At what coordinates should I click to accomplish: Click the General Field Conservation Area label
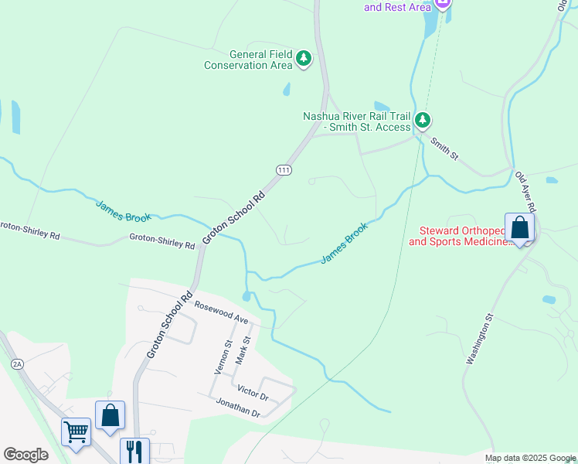[248, 60]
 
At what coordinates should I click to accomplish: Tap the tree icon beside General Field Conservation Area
[304, 58]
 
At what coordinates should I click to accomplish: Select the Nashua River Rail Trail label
[356, 121]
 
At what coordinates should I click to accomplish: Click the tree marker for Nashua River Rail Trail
[423, 120]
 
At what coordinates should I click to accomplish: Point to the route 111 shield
[284, 169]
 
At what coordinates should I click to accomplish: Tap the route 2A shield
[17, 363]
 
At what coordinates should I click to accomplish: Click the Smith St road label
[445, 148]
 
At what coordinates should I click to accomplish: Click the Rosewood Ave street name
[221, 313]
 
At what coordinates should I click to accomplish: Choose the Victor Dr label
[253, 392]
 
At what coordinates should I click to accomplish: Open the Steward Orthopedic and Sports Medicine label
[460, 236]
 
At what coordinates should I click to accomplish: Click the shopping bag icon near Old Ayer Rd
[519, 227]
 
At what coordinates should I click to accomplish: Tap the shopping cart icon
[76, 432]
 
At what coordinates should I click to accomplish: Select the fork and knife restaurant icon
[134, 449]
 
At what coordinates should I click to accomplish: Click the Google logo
[25, 455]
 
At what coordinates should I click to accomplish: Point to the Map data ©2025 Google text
[529, 458]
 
